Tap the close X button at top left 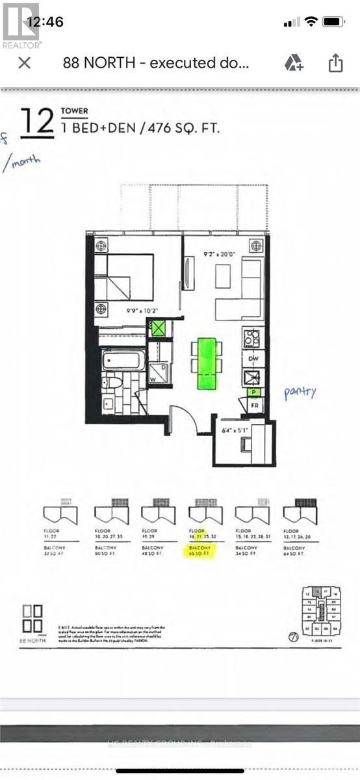click(24, 63)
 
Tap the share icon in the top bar click(335, 63)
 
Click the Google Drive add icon click(294, 63)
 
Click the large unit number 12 click(37, 122)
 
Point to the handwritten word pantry click(300, 392)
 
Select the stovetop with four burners click(252, 338)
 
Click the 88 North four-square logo click(32, 618)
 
